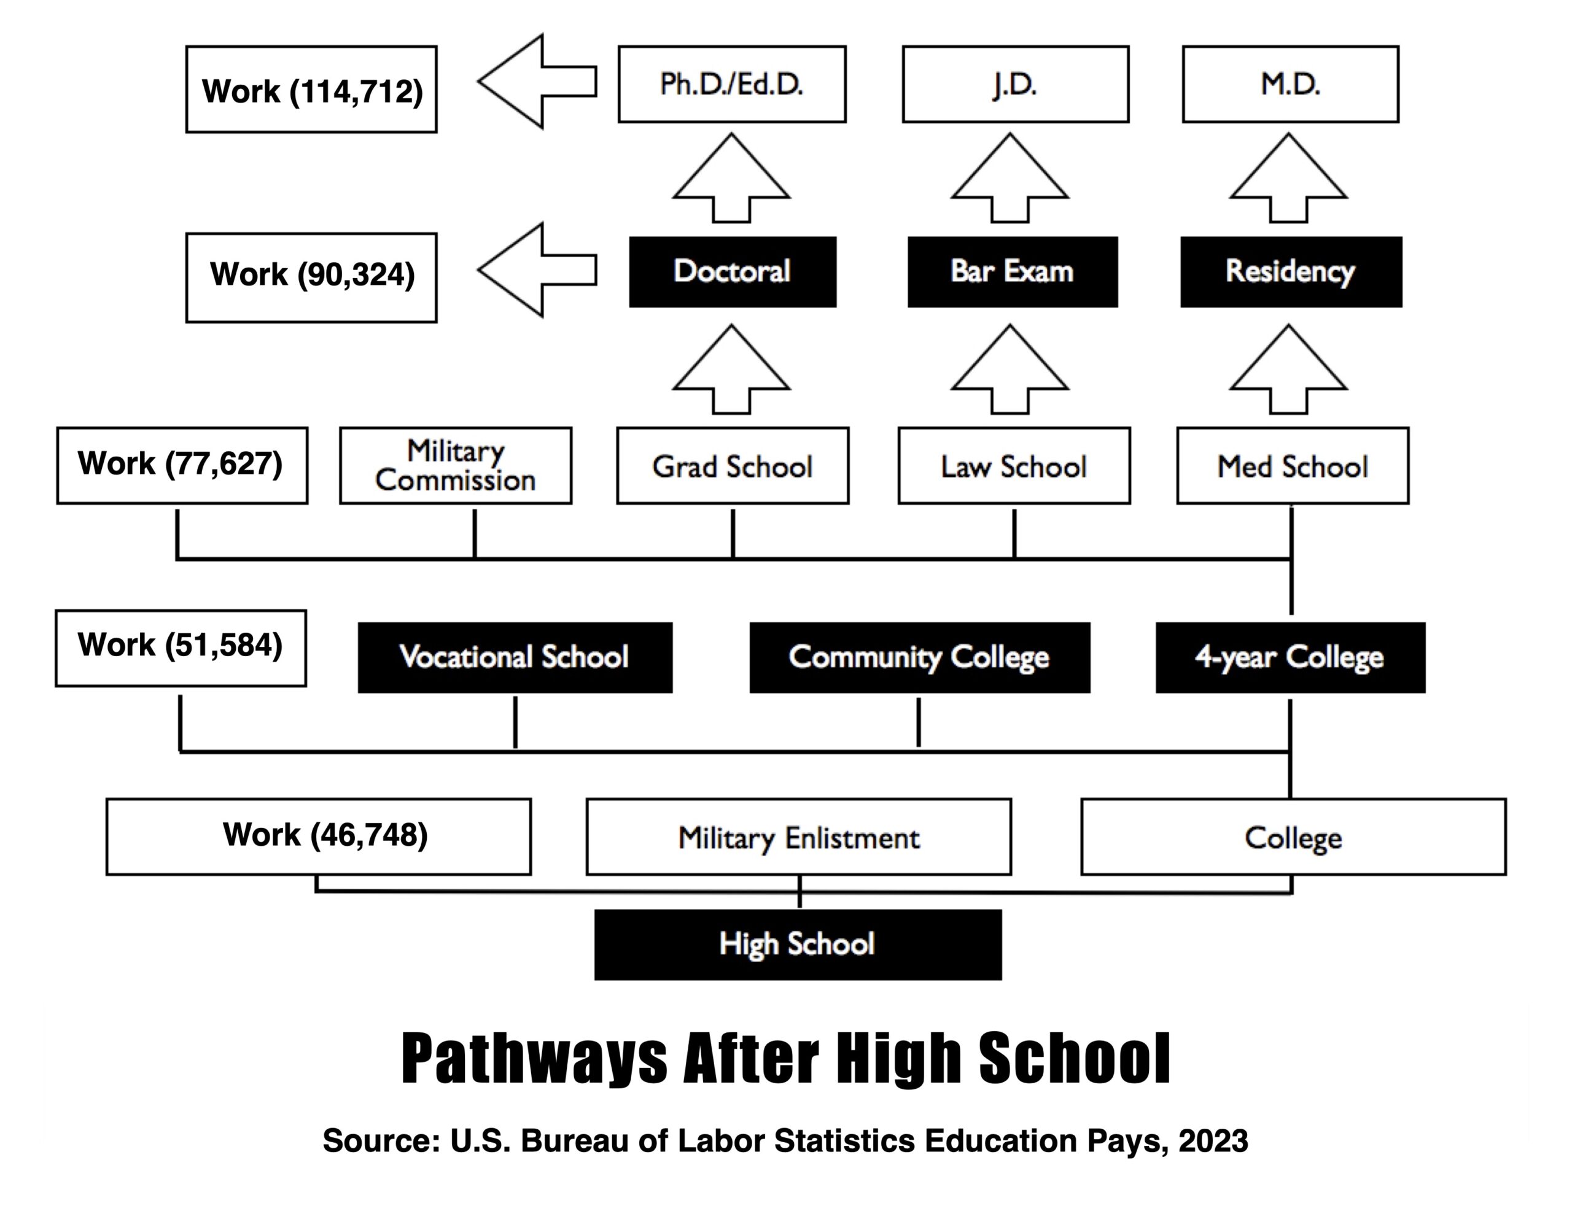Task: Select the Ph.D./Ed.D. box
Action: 731,84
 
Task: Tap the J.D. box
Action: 1015,84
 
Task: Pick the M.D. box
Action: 1290,84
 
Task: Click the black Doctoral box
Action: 732,271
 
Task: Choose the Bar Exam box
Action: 1012,271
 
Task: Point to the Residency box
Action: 1291,271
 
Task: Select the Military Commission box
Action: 456,466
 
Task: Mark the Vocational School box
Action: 515,657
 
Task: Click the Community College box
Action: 919,657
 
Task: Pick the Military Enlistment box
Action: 798,837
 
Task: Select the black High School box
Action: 798,944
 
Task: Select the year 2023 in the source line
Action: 1213,1140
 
